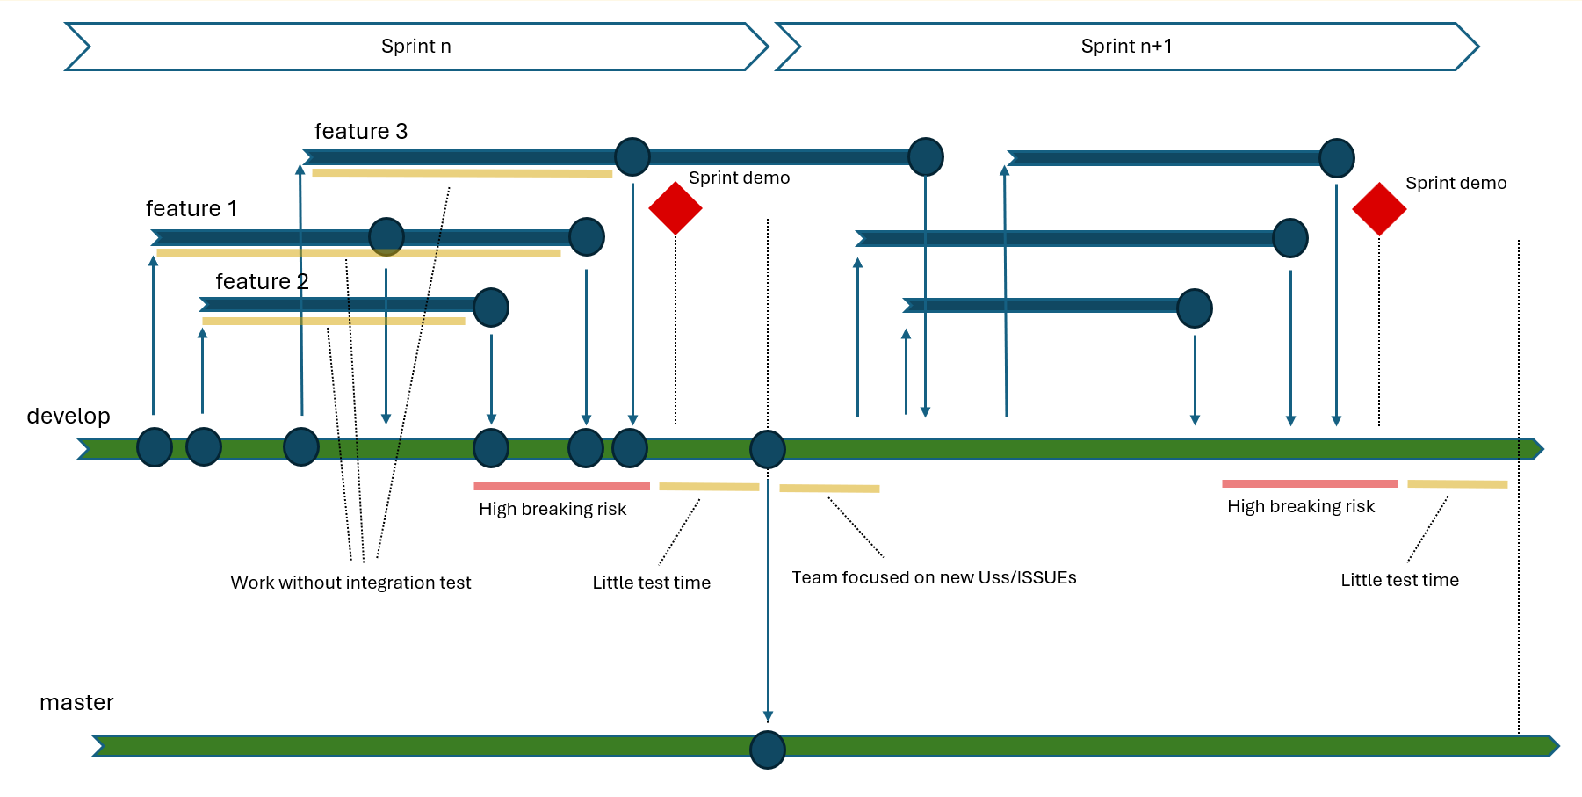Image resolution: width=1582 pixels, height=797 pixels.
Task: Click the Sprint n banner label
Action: (x=415, y=47)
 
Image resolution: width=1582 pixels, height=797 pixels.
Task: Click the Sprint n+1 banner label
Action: (x=1126, y=47)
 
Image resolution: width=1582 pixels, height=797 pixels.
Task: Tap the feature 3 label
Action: (x=361, y=132)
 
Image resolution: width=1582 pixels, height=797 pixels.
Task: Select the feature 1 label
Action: (x=191, y=209)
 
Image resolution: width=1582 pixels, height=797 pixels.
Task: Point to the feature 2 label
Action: (x=262, y=282)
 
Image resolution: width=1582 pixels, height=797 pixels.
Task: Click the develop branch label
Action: (x=69, y=417)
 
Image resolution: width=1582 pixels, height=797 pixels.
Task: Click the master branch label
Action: (x=76, y=703)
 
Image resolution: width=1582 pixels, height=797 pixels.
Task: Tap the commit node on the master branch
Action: (x=768, y=750)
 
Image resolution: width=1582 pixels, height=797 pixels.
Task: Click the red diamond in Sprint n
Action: (x=675, y=208)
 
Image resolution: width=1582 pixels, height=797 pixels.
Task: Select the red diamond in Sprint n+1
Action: (x=1379, y=209)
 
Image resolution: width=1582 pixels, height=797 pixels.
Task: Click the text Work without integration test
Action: (x=350, y=583)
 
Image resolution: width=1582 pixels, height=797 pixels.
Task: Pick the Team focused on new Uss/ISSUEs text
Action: (x=934, y=578)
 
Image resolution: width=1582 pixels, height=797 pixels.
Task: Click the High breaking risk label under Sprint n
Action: (x=553, y=510)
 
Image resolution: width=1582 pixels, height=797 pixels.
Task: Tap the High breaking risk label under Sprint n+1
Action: (x=1301, y=507)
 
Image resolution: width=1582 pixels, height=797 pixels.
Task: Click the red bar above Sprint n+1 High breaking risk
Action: (x=1310, y=483)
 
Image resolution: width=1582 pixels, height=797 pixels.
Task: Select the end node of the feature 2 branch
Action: (x=491, y=308)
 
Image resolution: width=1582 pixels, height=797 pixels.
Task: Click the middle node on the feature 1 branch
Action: (x=386, y=236)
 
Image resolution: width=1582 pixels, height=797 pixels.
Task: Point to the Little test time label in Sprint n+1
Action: (x=1399, y=581)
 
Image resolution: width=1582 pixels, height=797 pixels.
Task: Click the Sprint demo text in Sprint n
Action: (x=739, y=178)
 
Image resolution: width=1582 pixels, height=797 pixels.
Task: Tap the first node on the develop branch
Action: (x=155, y=447)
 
